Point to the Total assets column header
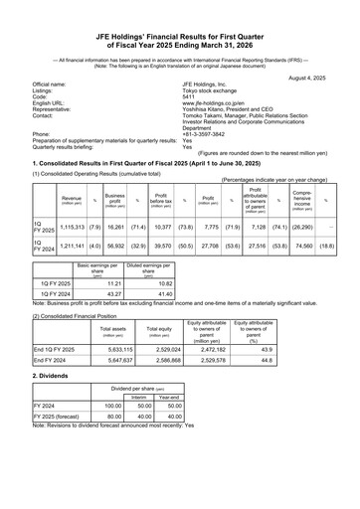point(105,329)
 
